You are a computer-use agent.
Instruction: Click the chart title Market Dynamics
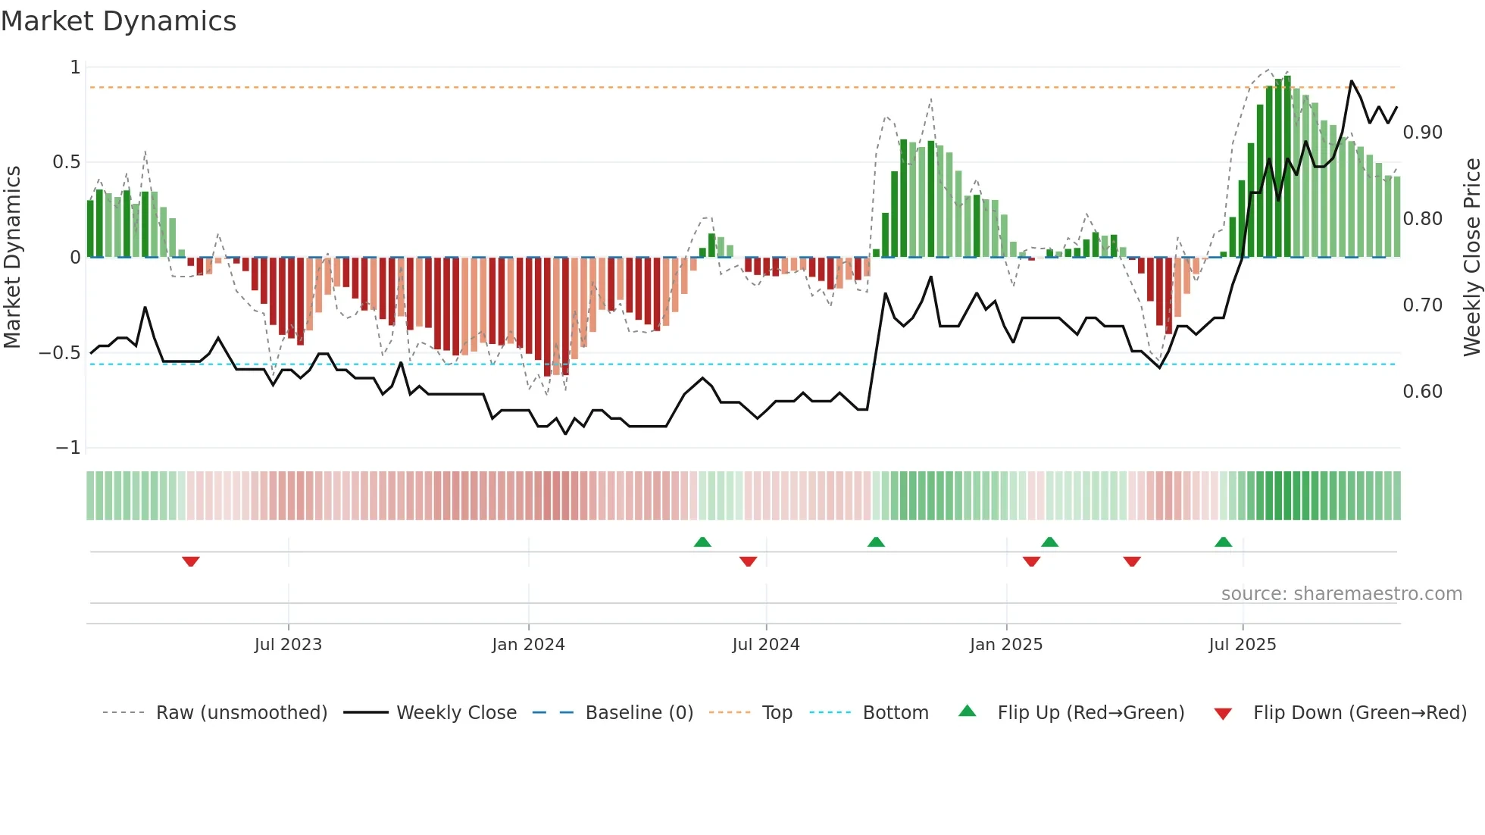coord(118,21)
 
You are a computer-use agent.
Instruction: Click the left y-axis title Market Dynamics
coord(12,258)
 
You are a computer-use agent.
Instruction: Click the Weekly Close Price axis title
coord(1471,258)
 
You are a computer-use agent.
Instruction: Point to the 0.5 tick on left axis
coord(66,162)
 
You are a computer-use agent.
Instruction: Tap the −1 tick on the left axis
coord(67,448)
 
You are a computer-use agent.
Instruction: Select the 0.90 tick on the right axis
coord(1422,133)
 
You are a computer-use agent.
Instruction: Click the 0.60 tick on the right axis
coord(1422,392)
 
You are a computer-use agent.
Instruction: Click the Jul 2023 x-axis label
coord(288,645)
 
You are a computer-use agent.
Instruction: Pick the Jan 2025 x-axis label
coord(1005,645)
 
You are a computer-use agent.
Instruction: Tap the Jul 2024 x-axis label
coord(765,645)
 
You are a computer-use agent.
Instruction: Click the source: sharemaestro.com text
coord(1341,594)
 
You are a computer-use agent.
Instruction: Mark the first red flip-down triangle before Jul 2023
coord(191,561)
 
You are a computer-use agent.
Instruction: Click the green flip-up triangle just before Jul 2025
coord(1223,542)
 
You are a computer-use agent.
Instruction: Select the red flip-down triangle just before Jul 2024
coord(748,561)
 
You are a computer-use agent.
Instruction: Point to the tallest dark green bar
coord(1287,167)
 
